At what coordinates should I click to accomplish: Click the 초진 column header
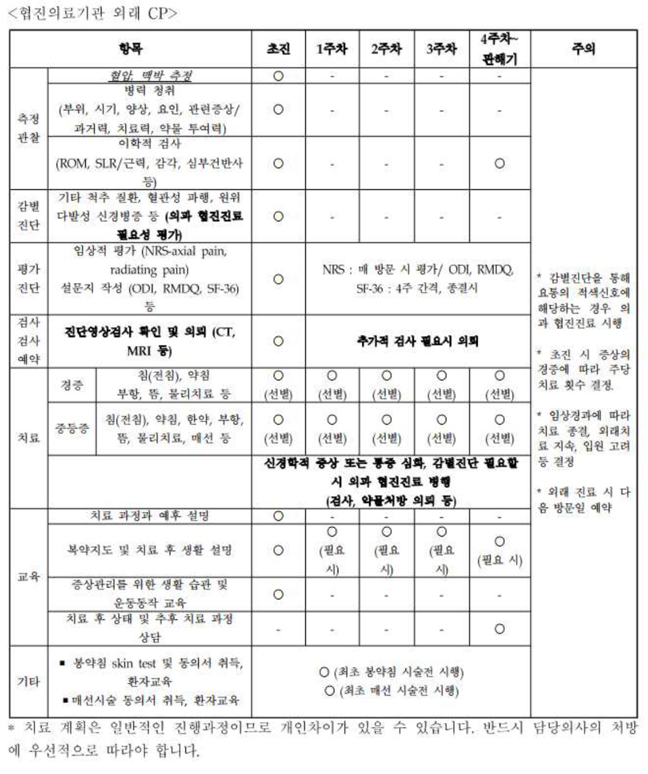coord(278,49)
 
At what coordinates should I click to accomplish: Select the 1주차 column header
coord(332,49)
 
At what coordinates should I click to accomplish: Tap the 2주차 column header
coord(386,49)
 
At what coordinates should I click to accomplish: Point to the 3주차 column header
coord(441,49)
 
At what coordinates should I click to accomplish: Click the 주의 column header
coord(584,49)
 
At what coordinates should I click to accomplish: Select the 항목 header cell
coord(130,49)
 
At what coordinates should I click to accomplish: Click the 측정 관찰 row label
coord(29,128)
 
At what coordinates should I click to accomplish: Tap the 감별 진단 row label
coord(29,216)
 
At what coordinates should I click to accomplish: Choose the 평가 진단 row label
coord(29,278)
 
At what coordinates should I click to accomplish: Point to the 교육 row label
coord(29,576)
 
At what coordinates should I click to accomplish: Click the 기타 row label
coord(29,682)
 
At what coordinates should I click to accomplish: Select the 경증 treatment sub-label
coord(72,385)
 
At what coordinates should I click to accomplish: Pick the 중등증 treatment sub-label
coord(72,428)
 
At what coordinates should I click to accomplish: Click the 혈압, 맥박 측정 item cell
coord(150,76)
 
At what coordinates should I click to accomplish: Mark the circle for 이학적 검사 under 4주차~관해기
coord(500,164)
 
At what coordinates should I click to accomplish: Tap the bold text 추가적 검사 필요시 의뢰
coord(418,341)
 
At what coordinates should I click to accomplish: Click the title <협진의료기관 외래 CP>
coord(92,13)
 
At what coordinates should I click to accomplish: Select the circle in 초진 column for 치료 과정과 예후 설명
coord(278,516)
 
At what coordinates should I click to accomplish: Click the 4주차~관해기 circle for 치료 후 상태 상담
coord(500,629)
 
